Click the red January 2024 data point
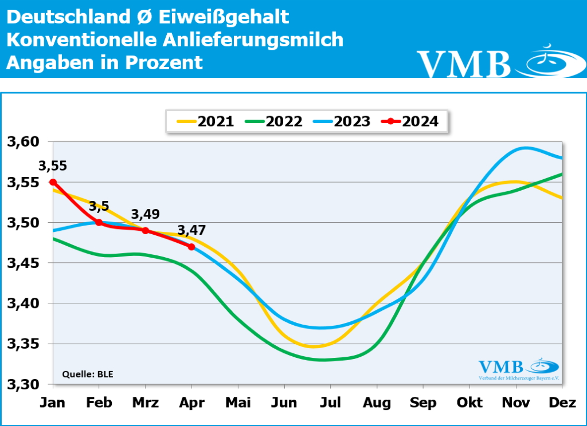pos(53,182)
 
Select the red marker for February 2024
pos(99,222)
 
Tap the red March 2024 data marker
pos(146,230)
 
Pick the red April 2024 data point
pos(191,247)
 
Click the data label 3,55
pos(53,167)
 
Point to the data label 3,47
pos(191,231)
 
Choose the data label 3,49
pos(146,214)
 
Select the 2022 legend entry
pos(273,121)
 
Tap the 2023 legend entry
pos(342,121)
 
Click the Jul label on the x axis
pos(331,403)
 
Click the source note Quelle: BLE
pos(88,375)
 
